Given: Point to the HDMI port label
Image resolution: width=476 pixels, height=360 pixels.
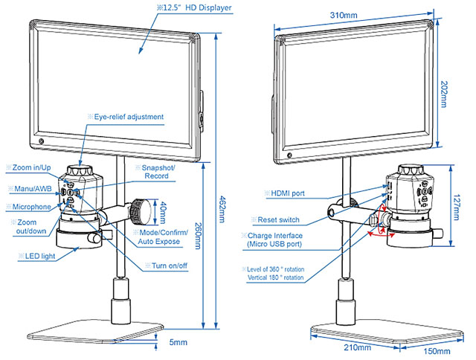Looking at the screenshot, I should click(287, 193).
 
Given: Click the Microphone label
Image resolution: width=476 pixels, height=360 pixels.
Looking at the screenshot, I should click(30, 206).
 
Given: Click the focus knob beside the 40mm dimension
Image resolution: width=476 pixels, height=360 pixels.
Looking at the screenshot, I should click(141, 211).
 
